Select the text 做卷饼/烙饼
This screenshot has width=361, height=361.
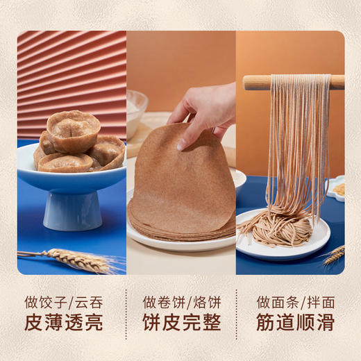pos(181,303)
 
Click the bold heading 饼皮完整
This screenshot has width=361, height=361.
pos(181,324)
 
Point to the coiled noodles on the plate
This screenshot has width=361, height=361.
pos(278,228)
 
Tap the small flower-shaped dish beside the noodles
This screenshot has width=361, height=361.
pos(337,187)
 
